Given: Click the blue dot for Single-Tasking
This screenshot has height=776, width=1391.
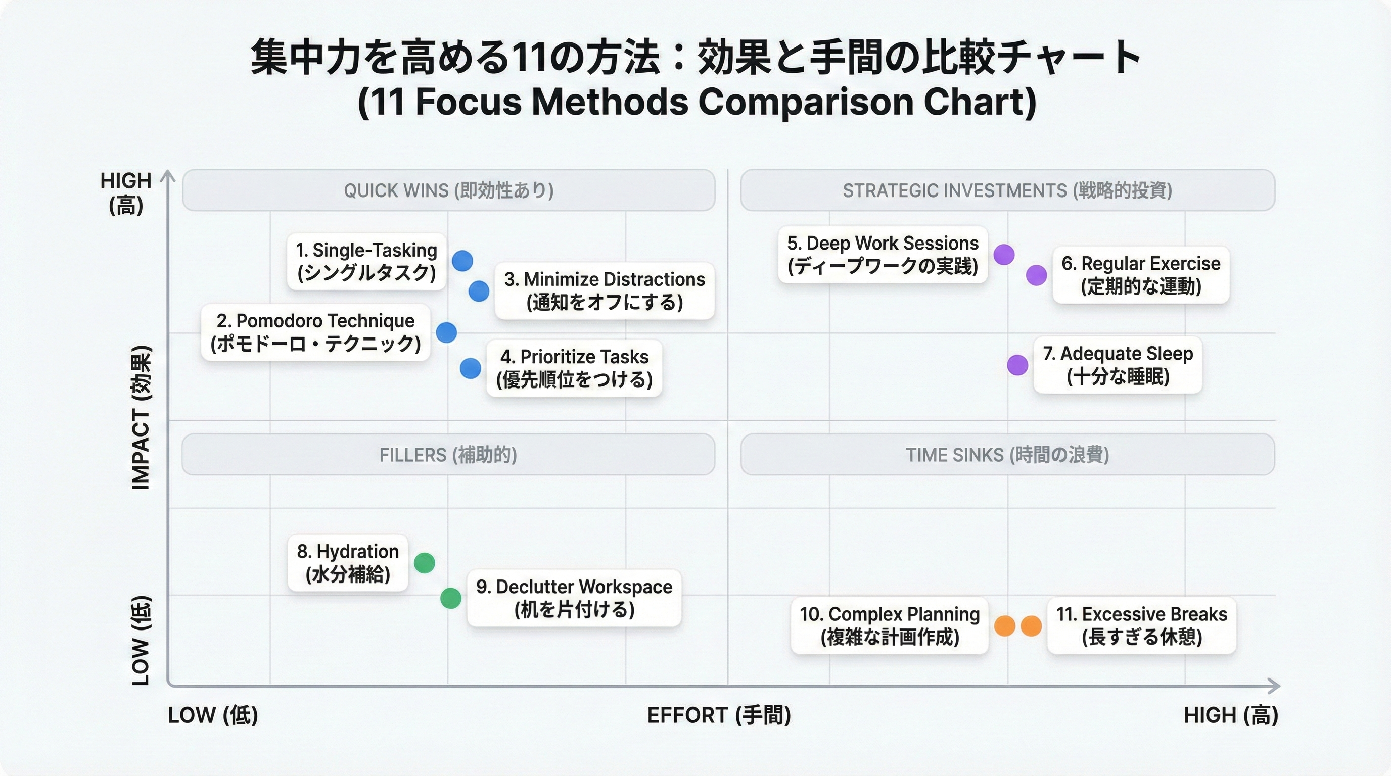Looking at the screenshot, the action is pos(462,261).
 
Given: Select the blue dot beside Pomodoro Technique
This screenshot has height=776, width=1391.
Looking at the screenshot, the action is pos(446,332).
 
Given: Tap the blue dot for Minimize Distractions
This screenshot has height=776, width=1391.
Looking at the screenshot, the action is pos(479,292).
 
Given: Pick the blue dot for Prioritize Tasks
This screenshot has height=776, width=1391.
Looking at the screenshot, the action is pos(471,369).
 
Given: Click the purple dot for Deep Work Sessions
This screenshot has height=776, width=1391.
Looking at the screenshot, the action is pos(1004,254).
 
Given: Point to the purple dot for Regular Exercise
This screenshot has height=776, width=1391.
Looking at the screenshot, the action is pos(1036,275).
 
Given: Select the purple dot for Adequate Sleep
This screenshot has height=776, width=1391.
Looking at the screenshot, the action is pos(1017,365).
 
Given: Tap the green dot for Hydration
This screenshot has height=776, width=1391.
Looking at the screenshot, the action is pos(425,563).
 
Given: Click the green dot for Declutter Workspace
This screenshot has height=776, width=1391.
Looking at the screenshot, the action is pos(451,598).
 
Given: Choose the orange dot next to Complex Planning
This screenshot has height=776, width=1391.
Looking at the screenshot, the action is pos(1005,626).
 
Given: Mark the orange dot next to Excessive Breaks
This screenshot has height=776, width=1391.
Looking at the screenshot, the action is pos(1031,626).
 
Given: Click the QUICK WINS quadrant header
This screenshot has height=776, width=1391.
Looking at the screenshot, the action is pos(449,190).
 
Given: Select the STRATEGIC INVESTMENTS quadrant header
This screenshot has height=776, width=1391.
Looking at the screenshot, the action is pos(1007,190).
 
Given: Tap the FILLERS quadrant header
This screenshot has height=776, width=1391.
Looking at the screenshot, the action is pos(449,454).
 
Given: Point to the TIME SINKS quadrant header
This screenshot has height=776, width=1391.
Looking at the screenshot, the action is pos(1007,454).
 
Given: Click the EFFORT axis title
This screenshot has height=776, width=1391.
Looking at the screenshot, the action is pos(719,715).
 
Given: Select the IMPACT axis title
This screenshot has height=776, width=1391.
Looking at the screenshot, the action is pos(141,417).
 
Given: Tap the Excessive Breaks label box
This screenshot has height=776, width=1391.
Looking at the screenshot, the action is pos(1141,625).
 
